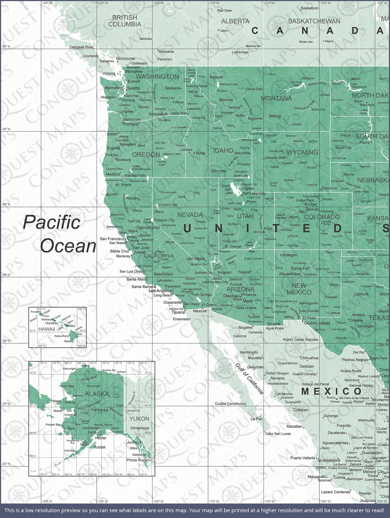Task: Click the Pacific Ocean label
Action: (59, 234)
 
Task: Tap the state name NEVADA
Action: (190, 215)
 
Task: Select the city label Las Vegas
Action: (196, 259)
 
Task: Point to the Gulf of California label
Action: (249, 379)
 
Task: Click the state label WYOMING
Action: (302, 153)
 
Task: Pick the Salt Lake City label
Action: (254, 193)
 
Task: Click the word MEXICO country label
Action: (331, 391)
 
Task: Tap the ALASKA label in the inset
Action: (97, 394)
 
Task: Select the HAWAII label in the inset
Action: (46, 329)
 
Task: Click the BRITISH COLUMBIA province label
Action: (125, 21)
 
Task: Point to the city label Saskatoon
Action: (310, 8)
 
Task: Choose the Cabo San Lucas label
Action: (278, 434)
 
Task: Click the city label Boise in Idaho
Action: (201, 153)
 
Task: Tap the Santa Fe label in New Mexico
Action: (299, 268)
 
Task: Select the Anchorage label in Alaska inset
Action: (91, 428)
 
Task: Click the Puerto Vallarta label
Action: (303, 458)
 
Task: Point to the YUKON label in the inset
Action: (139, 419)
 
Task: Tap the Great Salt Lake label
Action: (226, 189)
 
